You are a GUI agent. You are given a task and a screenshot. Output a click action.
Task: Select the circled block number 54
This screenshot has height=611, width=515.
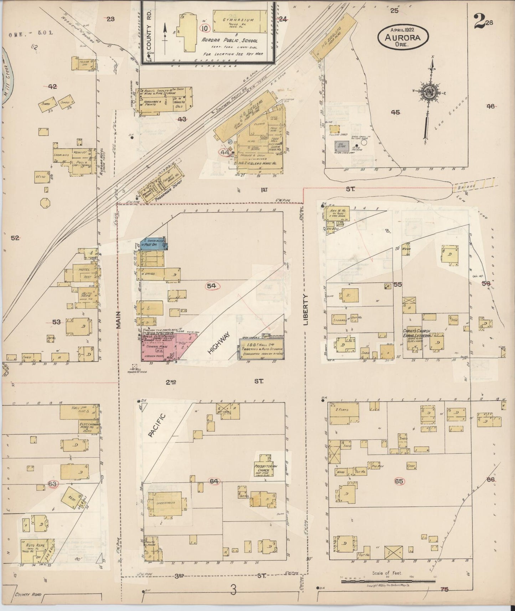click(x=211, y=286)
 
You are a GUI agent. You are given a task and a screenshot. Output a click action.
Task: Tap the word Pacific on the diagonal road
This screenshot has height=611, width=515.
click(x=155, y=425)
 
